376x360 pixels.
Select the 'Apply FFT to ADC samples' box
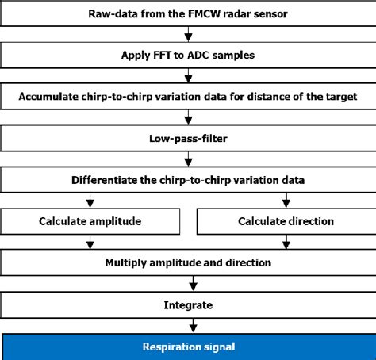[188, 55]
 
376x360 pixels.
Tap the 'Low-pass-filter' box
[188, 137]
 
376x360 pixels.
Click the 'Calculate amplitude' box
[91, 220]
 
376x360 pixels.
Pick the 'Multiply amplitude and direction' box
[188, 261]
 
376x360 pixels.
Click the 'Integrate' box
[188, 303]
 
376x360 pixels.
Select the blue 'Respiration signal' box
[188, 346]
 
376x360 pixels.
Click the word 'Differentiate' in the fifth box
[109, 178]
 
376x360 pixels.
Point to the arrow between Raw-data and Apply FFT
[188, 33]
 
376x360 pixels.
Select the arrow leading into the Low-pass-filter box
[188, 117]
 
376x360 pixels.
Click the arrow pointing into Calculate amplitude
[91, 199]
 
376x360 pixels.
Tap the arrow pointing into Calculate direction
[286, 199]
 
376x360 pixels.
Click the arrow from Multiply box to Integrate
[188, 281]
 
